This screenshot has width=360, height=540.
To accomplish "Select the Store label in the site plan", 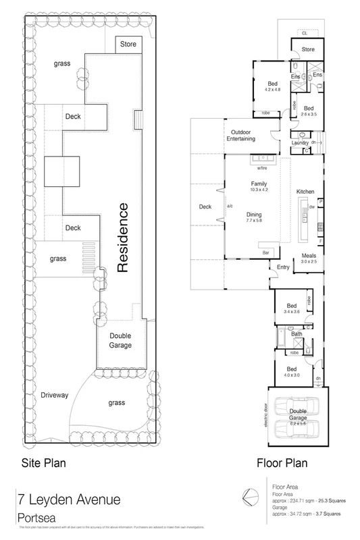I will [x=128, y=45].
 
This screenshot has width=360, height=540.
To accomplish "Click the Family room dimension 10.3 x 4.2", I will [x=259, y=190].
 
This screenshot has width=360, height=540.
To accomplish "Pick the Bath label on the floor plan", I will [x=297, y=333].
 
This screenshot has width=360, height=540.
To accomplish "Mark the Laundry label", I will [x=301, y=142].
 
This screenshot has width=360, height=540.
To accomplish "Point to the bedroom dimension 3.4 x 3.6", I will [x=292, y=313].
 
